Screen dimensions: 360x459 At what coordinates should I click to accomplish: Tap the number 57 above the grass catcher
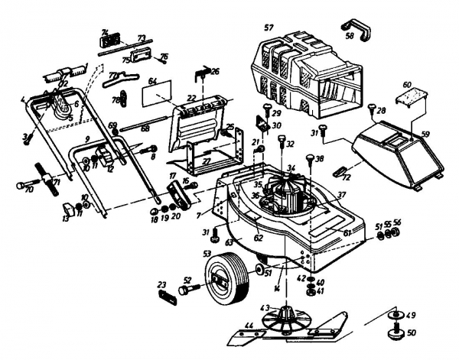(x=268, y=28)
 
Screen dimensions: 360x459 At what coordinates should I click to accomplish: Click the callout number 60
(x=408, y=84)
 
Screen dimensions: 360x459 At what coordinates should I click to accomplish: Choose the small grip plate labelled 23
(x=165, y=296)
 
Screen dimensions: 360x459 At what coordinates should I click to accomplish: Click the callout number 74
(x=106, y=31)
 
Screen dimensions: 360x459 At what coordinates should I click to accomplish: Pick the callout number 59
(x=425, y=133)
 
